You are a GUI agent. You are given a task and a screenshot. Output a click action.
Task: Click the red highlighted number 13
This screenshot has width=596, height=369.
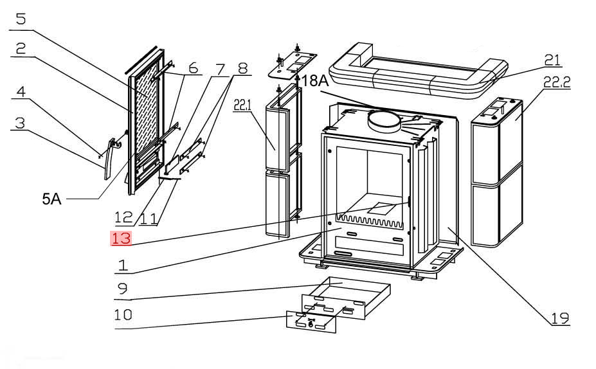(x=122, y=239)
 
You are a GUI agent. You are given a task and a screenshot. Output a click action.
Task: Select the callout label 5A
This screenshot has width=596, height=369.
(x=51, y=200)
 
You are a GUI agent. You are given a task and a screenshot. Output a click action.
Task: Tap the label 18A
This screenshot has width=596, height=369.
(x=316, y=82)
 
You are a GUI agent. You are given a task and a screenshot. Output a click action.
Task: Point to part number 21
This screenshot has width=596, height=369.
(x=552, y=60)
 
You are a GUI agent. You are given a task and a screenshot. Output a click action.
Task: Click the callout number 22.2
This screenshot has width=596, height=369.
(x=557, y=83)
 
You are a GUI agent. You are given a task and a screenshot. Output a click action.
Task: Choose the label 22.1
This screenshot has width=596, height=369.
(x=242, y=105)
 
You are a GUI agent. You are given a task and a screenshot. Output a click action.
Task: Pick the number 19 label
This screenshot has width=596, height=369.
(x=559, y=317)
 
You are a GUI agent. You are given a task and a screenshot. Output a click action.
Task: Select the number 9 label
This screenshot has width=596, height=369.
(x=122, y=289)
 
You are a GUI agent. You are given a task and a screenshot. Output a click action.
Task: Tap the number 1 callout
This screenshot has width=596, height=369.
(x=122, y=264)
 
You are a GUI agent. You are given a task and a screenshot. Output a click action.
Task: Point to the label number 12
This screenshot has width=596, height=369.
(x=123, y=218)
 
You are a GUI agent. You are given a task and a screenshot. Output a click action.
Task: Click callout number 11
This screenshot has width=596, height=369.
(x=149, y=218)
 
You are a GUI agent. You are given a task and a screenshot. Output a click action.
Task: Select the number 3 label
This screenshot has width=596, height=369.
(x=20, y=122)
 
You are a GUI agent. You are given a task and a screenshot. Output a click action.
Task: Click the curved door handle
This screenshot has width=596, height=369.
(x=110, y=161)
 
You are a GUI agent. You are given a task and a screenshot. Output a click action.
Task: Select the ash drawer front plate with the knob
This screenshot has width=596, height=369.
(x=311, y=321)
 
